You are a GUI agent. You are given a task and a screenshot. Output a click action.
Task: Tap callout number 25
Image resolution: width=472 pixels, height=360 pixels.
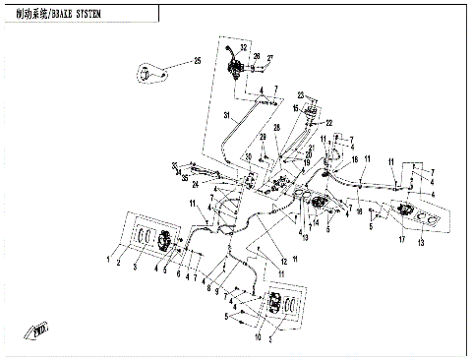(197, 62)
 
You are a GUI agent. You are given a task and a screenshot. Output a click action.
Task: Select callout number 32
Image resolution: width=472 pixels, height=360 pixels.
(244, 48)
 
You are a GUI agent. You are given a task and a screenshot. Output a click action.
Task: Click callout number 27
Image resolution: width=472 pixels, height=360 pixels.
(270, 58)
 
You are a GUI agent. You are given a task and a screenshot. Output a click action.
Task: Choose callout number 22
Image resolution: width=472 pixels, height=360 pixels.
(329, 123)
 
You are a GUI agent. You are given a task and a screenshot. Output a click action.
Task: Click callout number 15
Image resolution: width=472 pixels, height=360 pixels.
(294, 108)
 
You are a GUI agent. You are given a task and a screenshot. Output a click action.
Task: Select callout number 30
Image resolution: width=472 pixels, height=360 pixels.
(249, 157)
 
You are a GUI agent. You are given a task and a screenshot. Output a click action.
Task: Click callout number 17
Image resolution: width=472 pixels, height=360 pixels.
(399, 239)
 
